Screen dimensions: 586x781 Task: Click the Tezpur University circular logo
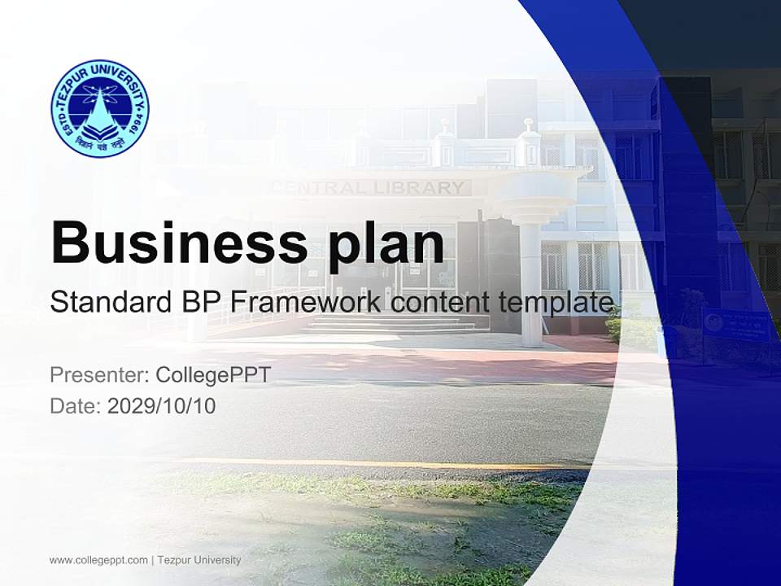pyautogui.click(x=100, y=107)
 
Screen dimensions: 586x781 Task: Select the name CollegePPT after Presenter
pyautogui.click(x=212, y=375)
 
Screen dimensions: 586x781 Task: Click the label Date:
pyautogui.click(x=76, y=406)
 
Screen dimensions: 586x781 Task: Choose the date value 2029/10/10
pyautogui.click(x=162, y=406)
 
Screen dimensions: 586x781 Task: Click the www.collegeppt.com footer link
pyautogui.click(x=98, y=560)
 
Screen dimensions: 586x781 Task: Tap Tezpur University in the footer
pyautogui.click(x=199, y=560)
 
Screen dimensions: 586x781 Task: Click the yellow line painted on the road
pyautogui.click(x=366, y=463)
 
